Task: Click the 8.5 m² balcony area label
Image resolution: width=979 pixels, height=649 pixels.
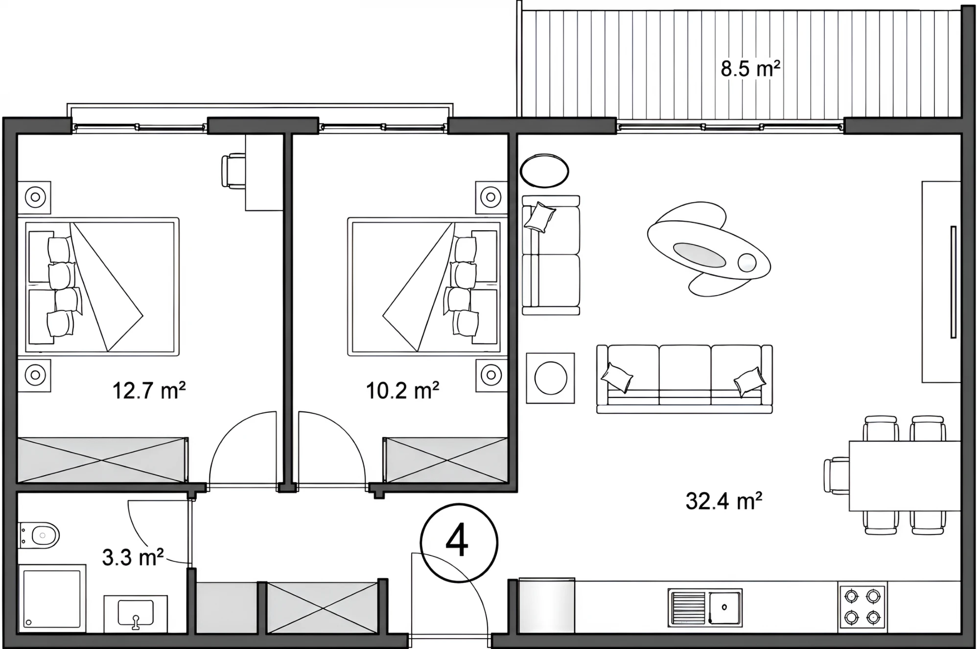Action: tap(750, 69)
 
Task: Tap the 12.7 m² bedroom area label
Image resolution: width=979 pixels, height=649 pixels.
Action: tap(149, 390)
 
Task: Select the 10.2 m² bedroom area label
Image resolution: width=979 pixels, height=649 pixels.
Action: tap(402, 390)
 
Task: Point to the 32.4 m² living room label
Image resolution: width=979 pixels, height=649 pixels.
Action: tap(724, 501)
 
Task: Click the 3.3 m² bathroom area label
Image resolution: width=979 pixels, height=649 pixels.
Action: tap(133, 557)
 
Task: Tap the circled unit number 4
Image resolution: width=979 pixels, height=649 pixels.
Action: tap(459, 543)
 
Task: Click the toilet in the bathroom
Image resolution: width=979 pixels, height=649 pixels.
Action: tap(39, 535)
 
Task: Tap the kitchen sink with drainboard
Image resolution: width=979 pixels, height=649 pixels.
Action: tap(705, 607)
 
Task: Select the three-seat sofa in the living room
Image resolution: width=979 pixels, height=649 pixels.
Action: tap(684, 379)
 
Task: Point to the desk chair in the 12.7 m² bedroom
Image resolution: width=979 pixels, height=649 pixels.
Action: tap(233, 171)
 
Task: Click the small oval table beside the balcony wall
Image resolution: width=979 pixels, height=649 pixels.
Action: tap(544, 171)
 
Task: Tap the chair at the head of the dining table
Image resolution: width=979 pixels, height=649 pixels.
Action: tap(837, 476)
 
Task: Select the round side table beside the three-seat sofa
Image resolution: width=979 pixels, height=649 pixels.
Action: tap(550, 378)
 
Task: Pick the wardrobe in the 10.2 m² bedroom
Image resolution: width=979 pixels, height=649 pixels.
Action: tap(445, 460)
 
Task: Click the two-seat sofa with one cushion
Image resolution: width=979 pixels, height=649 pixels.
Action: tap(551, 255)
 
